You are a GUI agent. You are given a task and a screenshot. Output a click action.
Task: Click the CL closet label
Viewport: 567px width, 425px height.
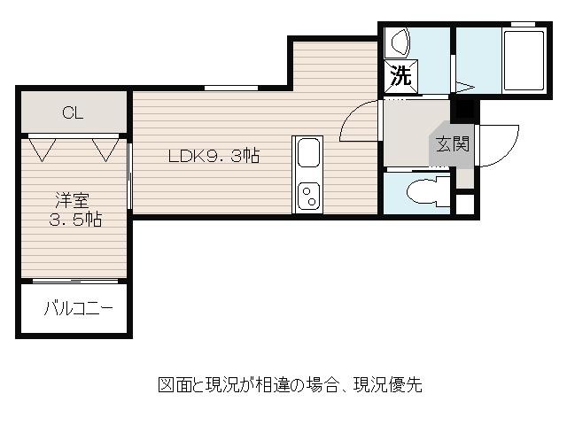(x=73, y=112)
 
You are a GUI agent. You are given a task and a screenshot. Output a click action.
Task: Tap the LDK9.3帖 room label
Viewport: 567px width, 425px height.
(x=214, y=156)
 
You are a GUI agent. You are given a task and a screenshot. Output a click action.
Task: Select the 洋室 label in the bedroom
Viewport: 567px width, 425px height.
(x=73, y=201)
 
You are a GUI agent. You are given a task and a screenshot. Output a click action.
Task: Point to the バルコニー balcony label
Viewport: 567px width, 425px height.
(x=79, y=308)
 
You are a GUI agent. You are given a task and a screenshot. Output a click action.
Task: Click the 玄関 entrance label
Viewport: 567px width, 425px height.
(x=453, y=143)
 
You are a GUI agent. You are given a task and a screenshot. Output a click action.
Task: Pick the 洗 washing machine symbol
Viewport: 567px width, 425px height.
(x=401, y=76)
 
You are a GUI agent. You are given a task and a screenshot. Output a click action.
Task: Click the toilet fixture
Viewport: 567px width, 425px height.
(x=428, y=191)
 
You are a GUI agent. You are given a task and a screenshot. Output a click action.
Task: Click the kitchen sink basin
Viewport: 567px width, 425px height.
(x=308, y=153)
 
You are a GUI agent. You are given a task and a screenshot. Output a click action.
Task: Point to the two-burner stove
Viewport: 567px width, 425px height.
(x=308, y=196)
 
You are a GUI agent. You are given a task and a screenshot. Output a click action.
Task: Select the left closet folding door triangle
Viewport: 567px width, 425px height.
(x=43, y=150)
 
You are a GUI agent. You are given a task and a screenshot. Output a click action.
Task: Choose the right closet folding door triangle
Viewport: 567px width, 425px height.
(x=105, y=150)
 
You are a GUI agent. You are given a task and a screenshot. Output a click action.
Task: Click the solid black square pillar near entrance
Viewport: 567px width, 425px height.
(x=464, y=109)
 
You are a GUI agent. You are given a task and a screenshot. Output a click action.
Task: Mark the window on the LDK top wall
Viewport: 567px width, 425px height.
(x=231, y=88)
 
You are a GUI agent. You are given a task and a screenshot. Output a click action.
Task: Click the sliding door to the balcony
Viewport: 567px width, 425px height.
(x=75, y=281)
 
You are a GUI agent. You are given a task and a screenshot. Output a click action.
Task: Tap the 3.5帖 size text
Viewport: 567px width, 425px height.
(x=75, y=220)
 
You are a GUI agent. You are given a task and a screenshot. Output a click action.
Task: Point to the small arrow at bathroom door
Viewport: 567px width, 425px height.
(x=464, y=87)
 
